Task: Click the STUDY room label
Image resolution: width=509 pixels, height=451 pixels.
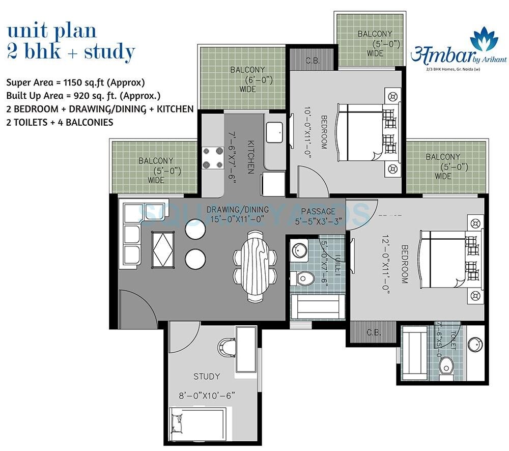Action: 207,377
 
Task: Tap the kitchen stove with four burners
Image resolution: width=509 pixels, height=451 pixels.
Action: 214,157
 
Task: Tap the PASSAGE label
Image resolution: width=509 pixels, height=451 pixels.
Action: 318,211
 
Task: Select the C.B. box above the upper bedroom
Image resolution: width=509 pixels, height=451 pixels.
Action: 312,61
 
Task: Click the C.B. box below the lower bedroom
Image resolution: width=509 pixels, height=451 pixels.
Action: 374,333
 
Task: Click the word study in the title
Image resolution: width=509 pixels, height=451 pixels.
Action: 110,51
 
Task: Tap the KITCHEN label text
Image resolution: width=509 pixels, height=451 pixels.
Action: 251,157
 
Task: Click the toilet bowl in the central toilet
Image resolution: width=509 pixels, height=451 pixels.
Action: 303,278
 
